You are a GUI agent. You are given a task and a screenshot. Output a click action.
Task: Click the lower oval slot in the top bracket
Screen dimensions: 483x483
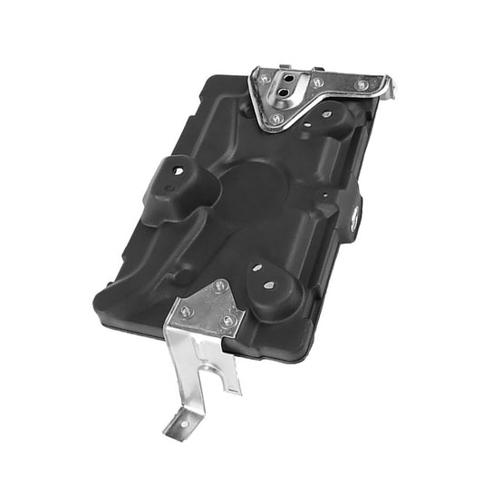click(286, 92)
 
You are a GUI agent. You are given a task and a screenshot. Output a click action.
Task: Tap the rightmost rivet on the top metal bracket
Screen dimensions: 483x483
click(362, 85)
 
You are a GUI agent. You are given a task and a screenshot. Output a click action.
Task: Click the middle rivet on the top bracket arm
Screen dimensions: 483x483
click(318, 83)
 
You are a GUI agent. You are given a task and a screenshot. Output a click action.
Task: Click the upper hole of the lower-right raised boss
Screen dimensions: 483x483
click(258, 269)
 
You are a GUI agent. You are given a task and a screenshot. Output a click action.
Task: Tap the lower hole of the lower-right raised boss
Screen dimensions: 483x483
click(272, 285)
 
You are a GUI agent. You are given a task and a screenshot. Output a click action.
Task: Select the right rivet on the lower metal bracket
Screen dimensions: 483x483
click(227, 319)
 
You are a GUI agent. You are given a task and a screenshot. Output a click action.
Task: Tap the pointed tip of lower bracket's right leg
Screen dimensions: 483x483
click(237, 391)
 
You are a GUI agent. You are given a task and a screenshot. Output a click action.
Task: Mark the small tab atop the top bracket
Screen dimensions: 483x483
click(285, 67)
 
